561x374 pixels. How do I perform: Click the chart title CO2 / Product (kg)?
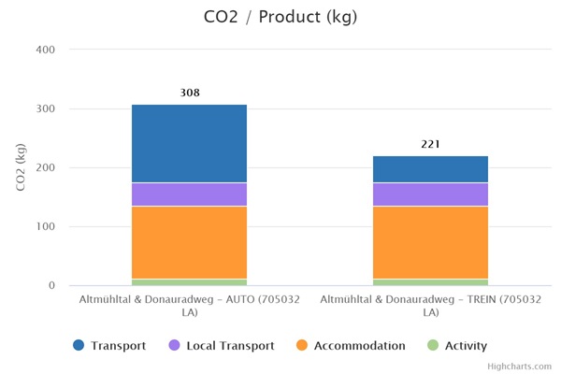[x=280, y=17]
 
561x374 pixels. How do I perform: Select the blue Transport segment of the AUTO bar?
[x=189, y=143]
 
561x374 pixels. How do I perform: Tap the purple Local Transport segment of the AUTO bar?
[x=189, y=194]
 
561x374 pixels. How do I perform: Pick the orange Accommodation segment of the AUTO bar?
[x=189, y=242]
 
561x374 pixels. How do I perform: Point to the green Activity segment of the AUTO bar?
[x=189, y=281]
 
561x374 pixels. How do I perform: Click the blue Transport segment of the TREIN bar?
[x=430, y=169]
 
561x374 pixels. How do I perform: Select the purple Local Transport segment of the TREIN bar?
[x=430, y=194]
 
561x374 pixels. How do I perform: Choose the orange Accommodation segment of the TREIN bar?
[x=430, y=242]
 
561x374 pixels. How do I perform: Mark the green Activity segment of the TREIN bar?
[x=430, y=281]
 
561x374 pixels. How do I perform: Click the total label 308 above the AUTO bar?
[x=190, y=93]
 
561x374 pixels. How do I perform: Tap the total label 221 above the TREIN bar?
[x=430, y=144]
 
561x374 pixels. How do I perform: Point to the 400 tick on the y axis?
[x=46, y=50]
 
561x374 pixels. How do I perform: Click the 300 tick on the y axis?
[x=46, y=108]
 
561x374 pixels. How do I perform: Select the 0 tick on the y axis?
[x=52, y=285]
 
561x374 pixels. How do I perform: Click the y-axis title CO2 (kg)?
[x=21, y=167]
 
